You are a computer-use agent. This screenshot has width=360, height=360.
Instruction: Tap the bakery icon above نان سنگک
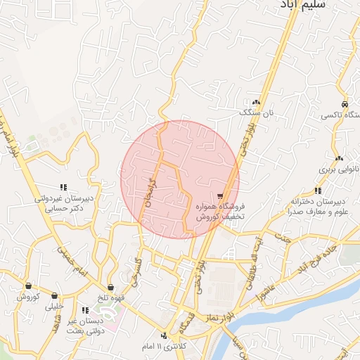[265, 102]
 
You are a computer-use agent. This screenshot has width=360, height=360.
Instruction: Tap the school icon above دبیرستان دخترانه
[318, 190]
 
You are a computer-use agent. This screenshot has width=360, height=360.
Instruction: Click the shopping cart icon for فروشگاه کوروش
[221, 195]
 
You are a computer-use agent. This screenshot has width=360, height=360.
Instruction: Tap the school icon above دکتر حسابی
[63, 187]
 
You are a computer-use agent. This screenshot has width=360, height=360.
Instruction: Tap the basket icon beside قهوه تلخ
[111, 287]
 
